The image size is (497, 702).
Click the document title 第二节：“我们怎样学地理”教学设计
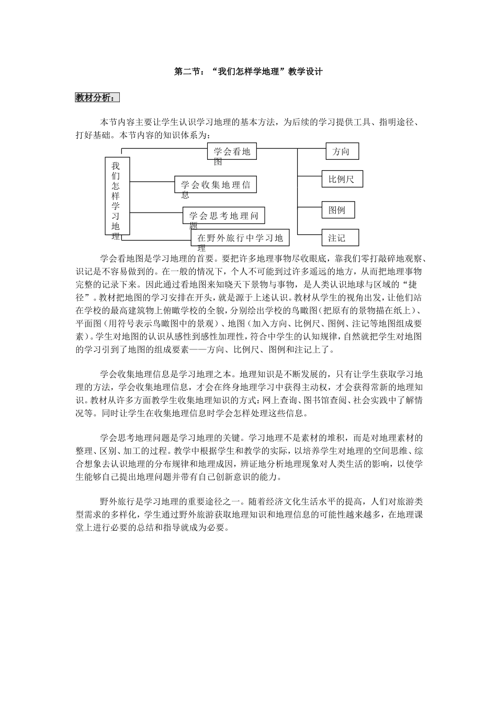tap(248, 72)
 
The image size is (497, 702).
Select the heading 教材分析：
tap(97, 98)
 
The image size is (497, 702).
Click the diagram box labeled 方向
tap(341, 151)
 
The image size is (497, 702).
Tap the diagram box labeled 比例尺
tap(342, 179)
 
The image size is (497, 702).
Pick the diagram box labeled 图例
tap(337, 210)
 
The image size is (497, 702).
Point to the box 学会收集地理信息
tap(216, 184)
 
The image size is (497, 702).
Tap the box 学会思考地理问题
tap(223, 215)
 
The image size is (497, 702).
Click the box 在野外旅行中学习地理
tap(240, 238)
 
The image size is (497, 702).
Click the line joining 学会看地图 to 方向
tap(292, 148)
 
